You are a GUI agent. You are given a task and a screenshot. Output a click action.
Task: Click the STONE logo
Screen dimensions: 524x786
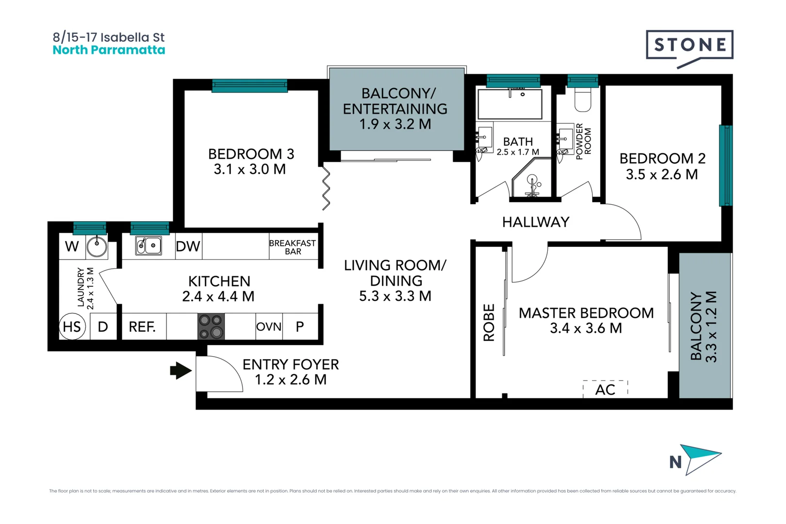(x=689, y=45)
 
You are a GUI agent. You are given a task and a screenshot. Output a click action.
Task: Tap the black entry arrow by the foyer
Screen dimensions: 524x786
(x=181, y=371)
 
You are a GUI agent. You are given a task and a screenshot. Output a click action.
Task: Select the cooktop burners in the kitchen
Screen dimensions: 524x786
(x=211, y=327)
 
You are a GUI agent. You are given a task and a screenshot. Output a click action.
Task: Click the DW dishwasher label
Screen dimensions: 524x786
(x=188, y=246)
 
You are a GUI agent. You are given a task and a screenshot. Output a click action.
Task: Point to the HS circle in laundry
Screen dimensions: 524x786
(x=72, y=327)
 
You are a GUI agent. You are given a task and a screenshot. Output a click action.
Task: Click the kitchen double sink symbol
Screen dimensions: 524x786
(x=148, y=246)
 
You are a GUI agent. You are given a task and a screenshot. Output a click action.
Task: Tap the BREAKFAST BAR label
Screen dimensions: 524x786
(x=293, y=247)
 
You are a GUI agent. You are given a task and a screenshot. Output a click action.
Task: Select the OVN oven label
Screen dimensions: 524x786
(x=269, y=327)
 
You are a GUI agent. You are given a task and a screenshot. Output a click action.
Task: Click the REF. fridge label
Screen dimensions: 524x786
(x=142, y=327)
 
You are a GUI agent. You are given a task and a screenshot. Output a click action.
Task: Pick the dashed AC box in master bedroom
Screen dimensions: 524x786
(x=605, y=389)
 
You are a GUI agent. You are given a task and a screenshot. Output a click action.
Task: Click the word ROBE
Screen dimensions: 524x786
(x=489, y=323)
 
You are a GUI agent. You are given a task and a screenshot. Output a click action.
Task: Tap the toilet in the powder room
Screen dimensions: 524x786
(x=583, y=100)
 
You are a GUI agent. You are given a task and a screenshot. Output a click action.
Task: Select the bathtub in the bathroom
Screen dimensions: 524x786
(x=509, y=104)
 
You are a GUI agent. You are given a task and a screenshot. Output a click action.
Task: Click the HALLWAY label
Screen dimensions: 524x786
(x=536, y=222)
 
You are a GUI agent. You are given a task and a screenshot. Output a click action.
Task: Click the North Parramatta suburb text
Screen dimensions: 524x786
(x=109, y=50)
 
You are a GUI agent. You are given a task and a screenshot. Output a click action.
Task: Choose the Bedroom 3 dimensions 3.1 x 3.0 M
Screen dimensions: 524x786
(x=249, y=169)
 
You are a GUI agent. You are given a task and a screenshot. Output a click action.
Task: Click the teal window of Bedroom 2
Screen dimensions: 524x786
(x=725, y=165)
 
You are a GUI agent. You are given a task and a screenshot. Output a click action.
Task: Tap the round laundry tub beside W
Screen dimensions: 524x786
(x=97, y=246)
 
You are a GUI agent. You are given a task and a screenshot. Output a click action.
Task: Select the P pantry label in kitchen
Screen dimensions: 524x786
(x=300, y=327)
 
